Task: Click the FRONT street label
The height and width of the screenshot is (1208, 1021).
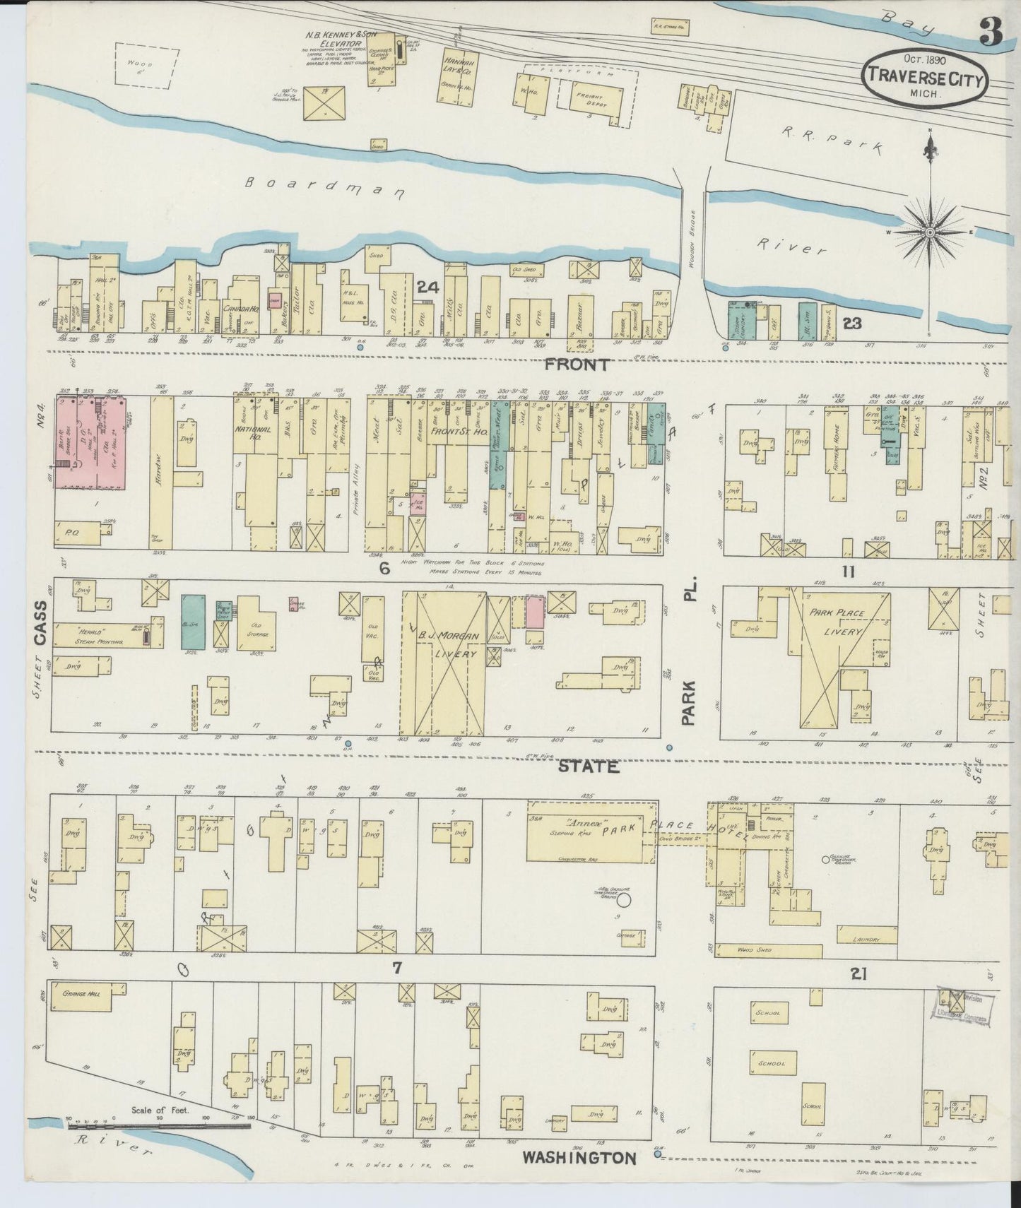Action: coord(577,365)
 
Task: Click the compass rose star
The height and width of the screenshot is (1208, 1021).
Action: coord(930,232)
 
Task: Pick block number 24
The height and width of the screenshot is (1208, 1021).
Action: coord(427,287)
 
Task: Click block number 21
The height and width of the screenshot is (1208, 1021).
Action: coord(858,975)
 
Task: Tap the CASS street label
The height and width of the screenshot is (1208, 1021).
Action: coord(40,623)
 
